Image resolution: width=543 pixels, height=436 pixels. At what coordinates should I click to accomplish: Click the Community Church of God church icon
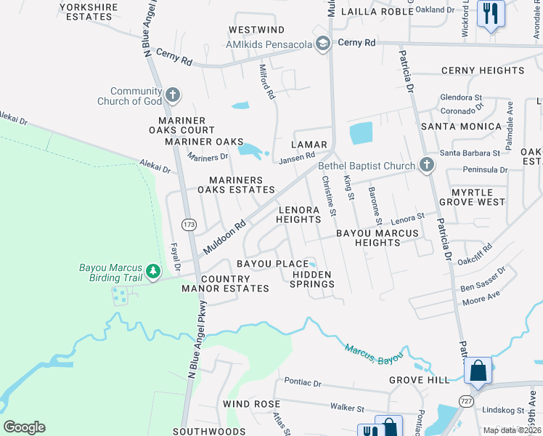(x=172, y=94)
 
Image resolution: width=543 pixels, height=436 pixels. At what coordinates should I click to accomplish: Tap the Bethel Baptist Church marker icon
(x=426, y=166)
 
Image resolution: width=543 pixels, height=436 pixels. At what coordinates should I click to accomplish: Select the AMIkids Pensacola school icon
(x=322, y=44)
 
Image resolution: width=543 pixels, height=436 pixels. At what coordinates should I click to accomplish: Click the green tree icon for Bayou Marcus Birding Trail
(x=153, y=272)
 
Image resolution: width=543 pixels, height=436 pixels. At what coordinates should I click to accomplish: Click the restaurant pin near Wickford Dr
(x=491, y=13)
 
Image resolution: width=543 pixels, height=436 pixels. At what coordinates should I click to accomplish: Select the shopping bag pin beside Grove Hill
(x=478, y=370)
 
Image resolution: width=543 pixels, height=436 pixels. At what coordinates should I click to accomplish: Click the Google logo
(x=24, y=427)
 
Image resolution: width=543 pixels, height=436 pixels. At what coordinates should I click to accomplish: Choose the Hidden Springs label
(x=312, y=280)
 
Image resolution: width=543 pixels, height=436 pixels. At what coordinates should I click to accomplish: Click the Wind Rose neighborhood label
(x=251, y=403)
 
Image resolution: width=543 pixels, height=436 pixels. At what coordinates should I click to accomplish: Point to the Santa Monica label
(x=461, y=126)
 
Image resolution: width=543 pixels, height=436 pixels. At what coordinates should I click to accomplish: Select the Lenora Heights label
(x=299, y=214)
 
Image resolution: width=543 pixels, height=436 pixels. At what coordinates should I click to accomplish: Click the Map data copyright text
(x=512, y=430)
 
